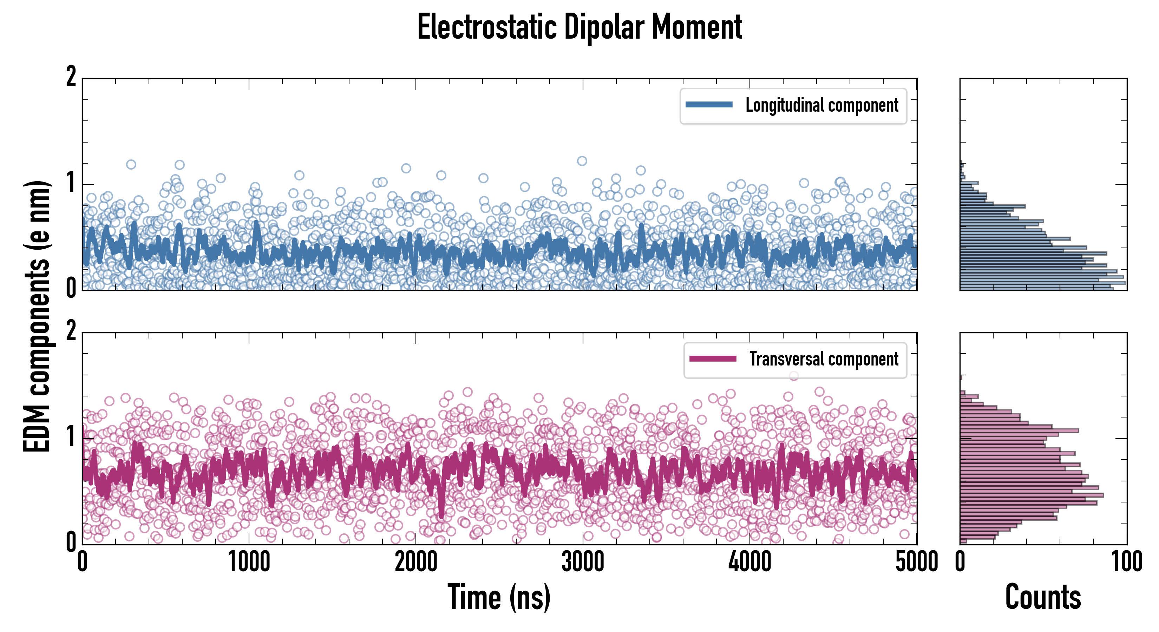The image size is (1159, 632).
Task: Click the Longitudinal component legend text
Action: pyautogui.click(x=821, y=105)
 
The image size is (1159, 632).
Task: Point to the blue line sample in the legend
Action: pyautogui.click(x=709, y=105)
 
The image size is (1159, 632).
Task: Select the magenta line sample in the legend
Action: pyautogui.click(x=713, y=358)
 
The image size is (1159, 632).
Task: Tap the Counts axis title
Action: pyautogui.click(x=1043, y=597)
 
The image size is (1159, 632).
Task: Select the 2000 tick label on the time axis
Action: pyautogui.click(x=416, y=562)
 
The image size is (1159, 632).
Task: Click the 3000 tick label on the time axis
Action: pyautogui.click(x=583, y=562)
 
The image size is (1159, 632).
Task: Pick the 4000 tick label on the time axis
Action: pyautogui.click(x=749, y=562)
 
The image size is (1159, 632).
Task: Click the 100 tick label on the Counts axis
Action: pyautogui.click(x=1127, y=562)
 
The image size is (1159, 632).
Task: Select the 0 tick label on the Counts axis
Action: pyautogui.click(x=960, y=562)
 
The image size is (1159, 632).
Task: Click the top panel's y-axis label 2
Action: pyautogui.click(x=71, y=77)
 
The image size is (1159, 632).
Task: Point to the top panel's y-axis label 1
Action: pyautogui.click(x=71, y=183)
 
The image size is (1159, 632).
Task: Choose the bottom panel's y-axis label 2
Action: pyautogui.click(x=71, y=331)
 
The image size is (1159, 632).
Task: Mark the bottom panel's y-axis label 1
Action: pyautogui.click(x=71, y=437)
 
